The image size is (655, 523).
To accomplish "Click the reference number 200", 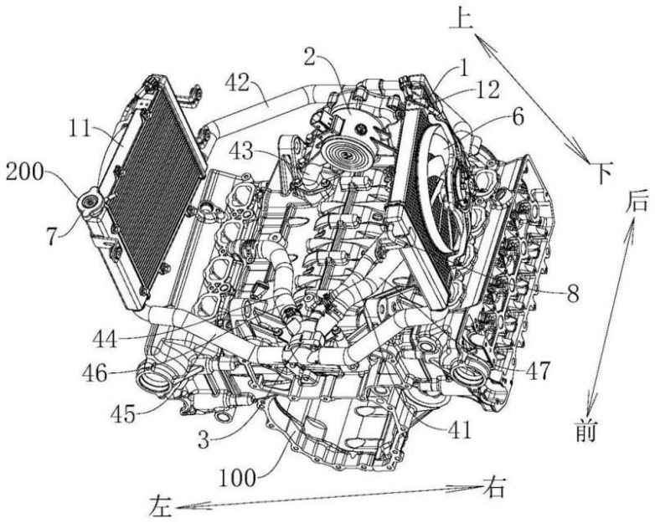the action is click(x=25, y=172).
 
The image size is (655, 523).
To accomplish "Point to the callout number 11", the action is click(x=80, y=129).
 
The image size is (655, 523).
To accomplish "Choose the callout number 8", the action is click(x=572, y=294).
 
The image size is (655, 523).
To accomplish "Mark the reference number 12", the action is click(x=487, y=90).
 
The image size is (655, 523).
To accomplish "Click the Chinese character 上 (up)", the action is click(x=462, y=19).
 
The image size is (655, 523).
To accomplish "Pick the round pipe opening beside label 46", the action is click(x=155, y=378).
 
